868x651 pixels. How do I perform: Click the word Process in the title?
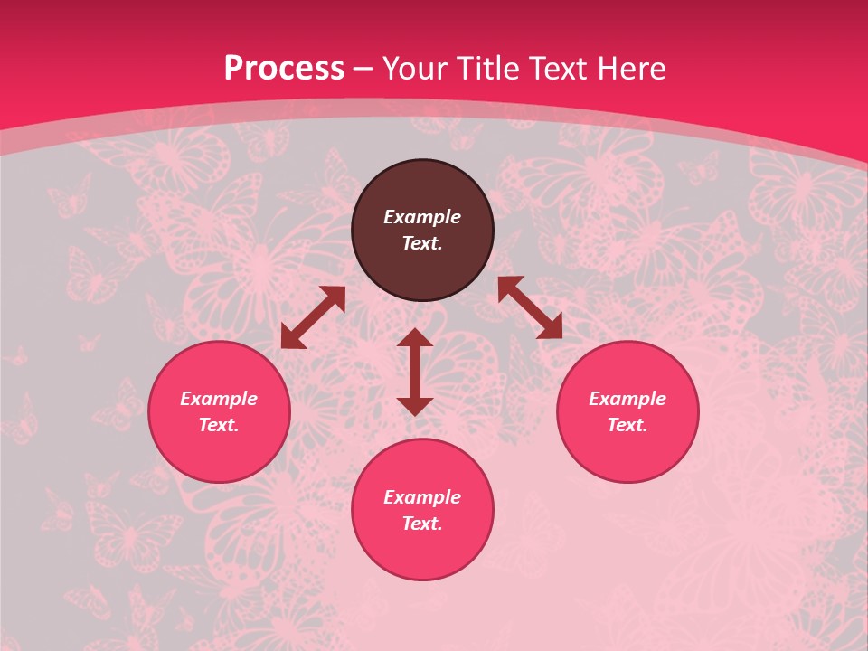tap(284, 69)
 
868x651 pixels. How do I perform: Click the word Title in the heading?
tap(489, 69)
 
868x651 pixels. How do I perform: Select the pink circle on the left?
tap(219, 452)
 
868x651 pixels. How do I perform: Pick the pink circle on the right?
tap(627, 452)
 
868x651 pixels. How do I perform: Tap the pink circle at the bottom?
tap(422, 552)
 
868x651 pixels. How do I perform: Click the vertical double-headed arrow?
tap(415, 373)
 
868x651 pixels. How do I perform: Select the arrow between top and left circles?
tap(313, 317)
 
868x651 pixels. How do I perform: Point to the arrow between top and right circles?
tap(530, 307)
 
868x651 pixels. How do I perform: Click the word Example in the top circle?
tap(422, 217)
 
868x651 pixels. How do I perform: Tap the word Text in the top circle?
tap(422, 243)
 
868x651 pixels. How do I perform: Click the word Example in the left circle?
tap(219, 399)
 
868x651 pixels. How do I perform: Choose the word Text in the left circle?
tap(219, 425)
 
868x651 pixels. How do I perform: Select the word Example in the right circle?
tap(627, 399)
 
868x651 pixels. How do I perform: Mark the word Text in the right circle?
tap(627, 425)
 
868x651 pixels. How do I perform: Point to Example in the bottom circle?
tap(422, 497)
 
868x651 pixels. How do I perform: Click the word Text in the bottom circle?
tap(422, 524)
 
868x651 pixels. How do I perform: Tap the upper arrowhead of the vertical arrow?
tap(415, 337)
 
